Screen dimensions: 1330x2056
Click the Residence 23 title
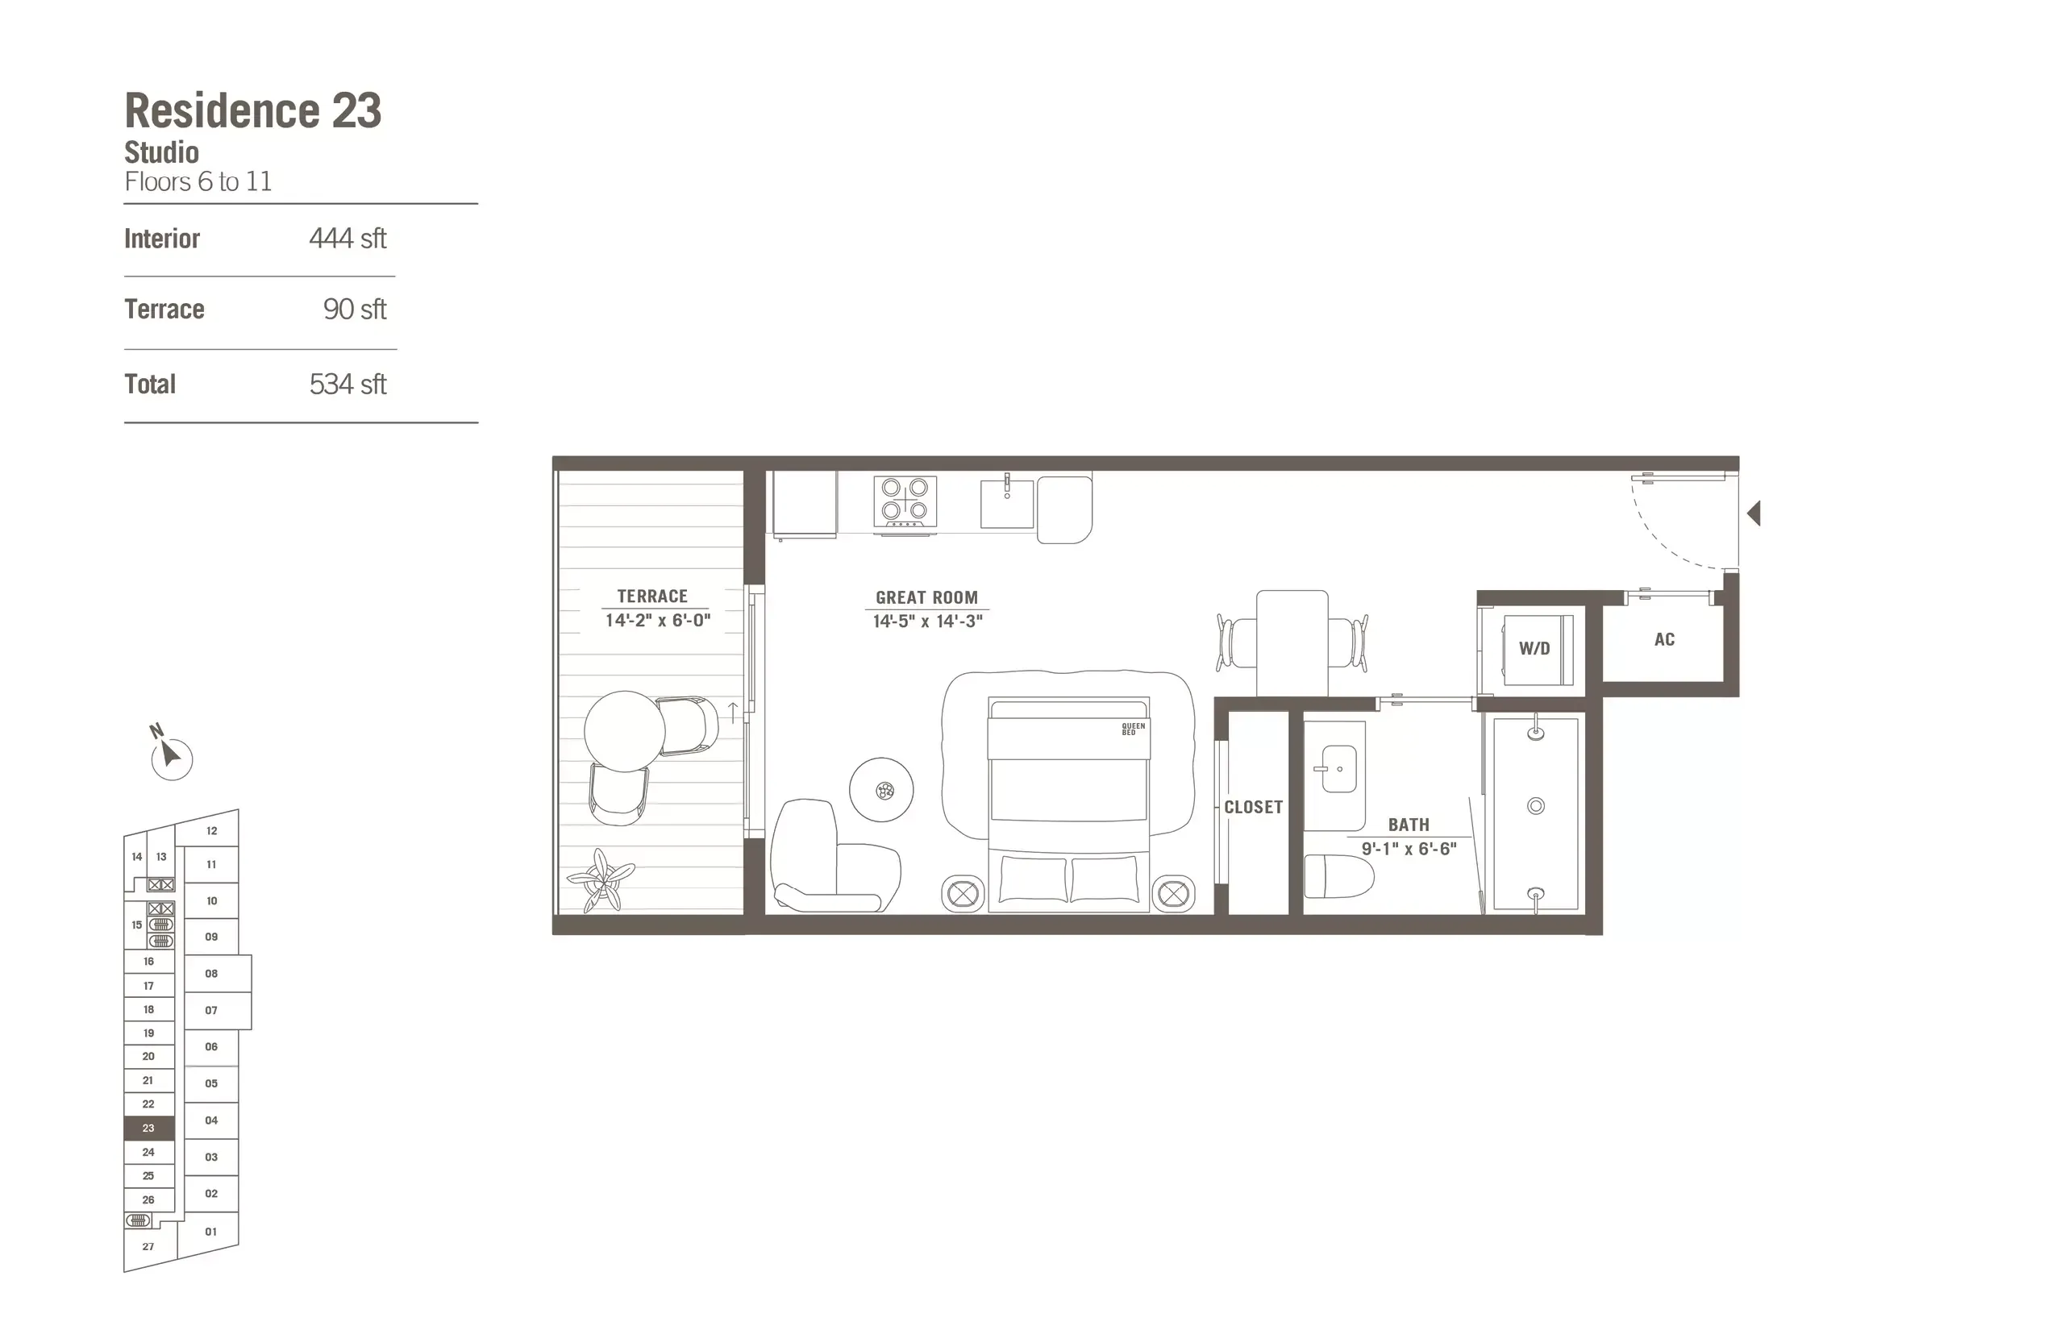[x=252, y=110]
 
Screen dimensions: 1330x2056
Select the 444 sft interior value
[x=348, y=239]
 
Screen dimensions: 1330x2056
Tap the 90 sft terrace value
[x=354, y=310]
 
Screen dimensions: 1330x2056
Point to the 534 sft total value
[x=348, y=384]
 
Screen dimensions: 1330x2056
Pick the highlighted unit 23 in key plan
[x=148, y=1128]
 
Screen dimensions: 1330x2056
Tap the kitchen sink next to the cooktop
[x=1006, y=505]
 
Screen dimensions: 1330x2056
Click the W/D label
[x=1534, y=649]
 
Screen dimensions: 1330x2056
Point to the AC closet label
[x=1664, y=640]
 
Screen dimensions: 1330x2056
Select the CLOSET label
[x=1253, y=808]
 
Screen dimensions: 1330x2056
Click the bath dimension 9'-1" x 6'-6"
[x=1409, y=849]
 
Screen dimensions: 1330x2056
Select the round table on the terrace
[x=624, y=730]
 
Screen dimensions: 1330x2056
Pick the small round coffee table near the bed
[x=881, y=789]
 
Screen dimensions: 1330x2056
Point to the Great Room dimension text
[x=927, y=621]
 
